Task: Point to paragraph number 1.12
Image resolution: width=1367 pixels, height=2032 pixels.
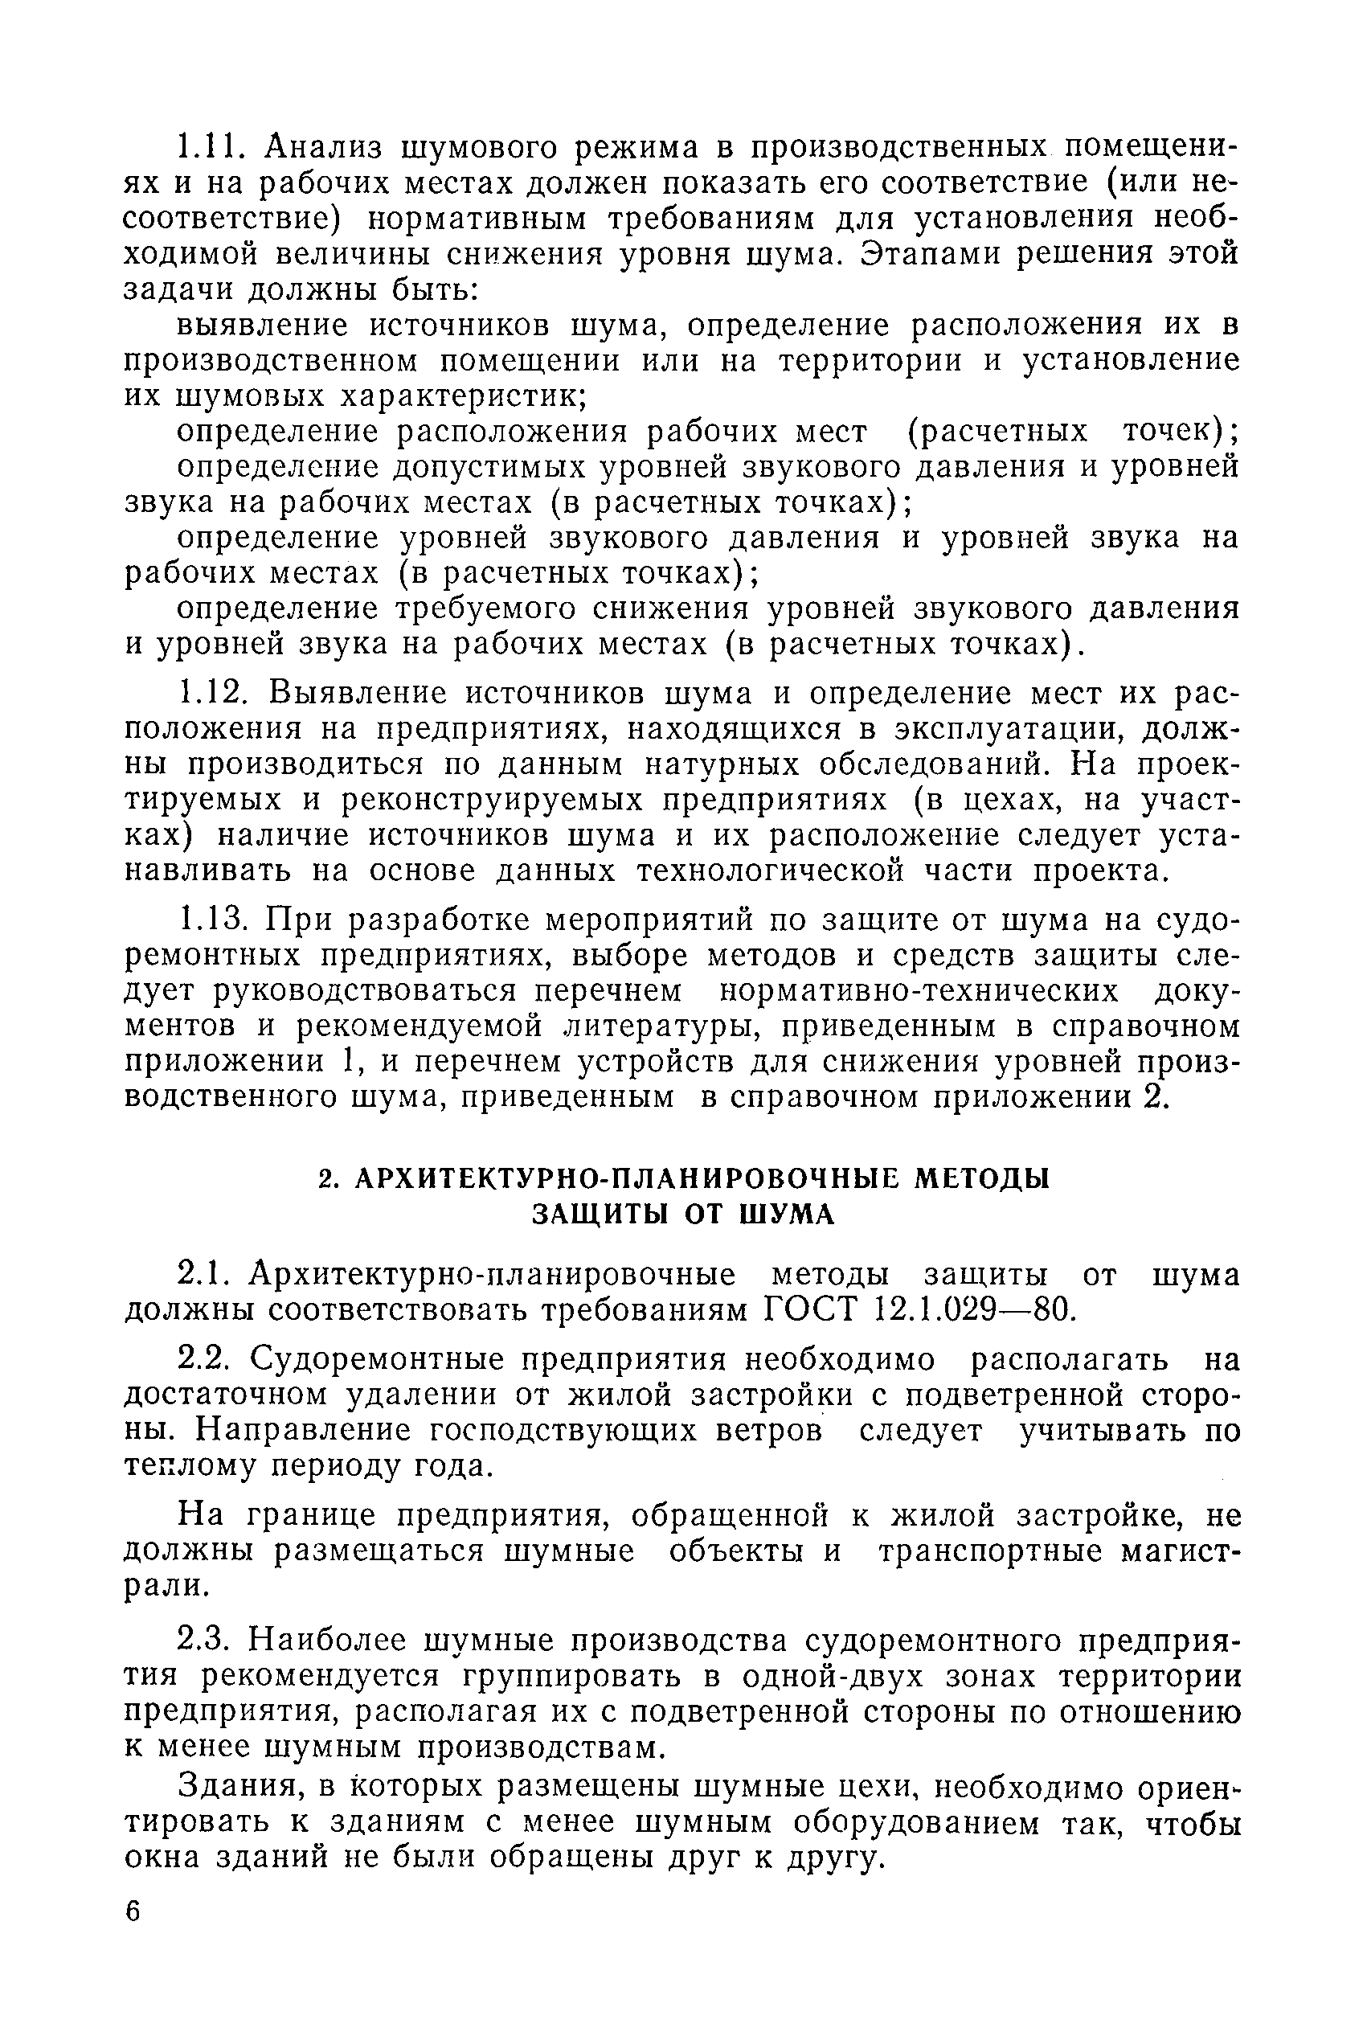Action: click(215, 693)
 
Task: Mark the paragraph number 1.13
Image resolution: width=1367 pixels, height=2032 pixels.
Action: click(215, 920)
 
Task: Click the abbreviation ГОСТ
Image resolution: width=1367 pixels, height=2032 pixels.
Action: click(811, 1310)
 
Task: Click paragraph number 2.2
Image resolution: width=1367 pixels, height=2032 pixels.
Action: click(207, 1359)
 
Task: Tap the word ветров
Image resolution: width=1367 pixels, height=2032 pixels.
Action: click(767, 1431)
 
